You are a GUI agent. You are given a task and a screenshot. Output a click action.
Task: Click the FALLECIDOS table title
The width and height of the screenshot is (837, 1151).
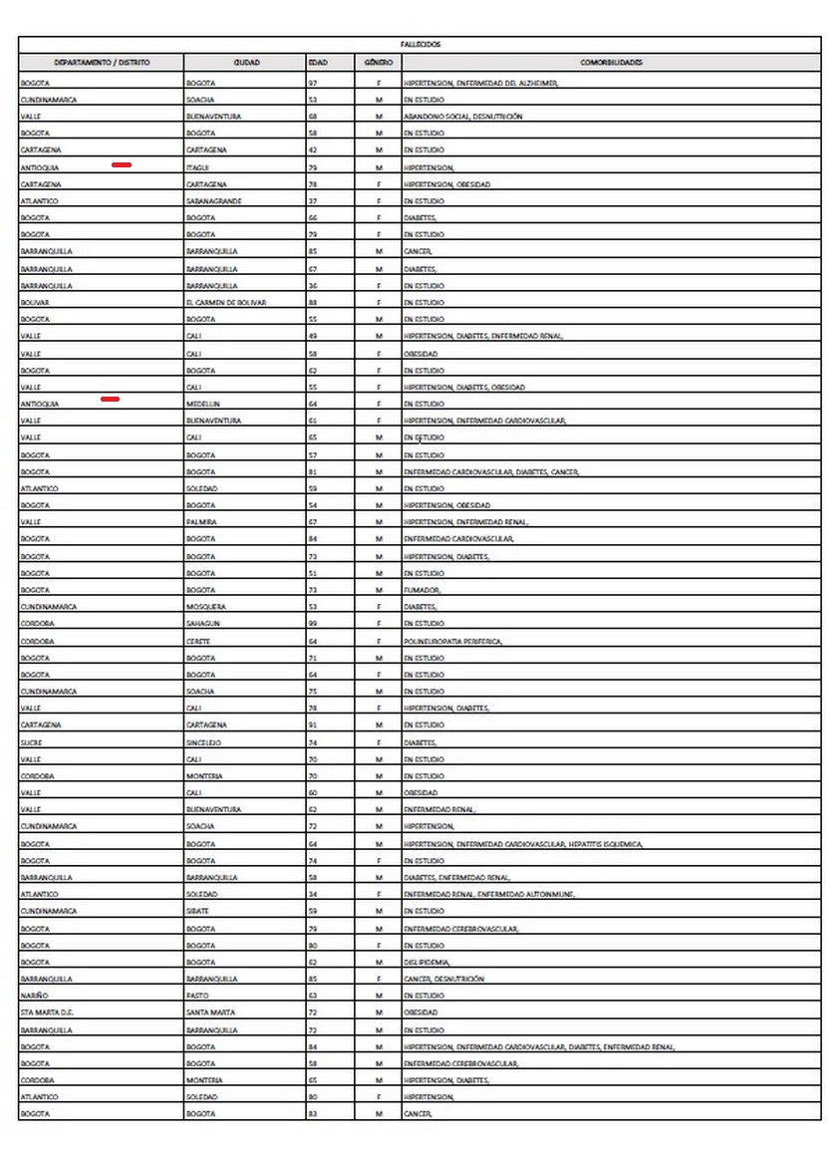[x=419, y=44]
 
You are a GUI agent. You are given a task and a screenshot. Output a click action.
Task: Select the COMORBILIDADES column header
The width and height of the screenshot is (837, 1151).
[x=611, y=62]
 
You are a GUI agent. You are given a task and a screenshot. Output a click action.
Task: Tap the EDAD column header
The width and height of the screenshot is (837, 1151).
[x=318, y=62]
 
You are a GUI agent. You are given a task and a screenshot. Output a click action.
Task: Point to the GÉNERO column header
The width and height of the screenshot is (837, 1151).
[x=378, y=62]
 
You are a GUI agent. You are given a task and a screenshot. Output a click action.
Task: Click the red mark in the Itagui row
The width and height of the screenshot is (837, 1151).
[x=122, y=164]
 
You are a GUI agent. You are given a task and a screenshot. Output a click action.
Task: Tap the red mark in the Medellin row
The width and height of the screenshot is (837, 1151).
[x=111, y=399]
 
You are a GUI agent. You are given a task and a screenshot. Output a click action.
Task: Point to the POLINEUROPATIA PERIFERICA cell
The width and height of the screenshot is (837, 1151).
[x=452, y=641]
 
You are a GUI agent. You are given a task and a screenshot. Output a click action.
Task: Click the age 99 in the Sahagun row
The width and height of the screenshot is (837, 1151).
[x=313, y=624]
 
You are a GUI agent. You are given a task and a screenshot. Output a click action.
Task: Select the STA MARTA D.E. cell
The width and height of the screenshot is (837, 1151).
[x=47, y=1012]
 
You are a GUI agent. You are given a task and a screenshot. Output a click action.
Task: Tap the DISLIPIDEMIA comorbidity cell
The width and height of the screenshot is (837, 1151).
[x=427, y=962]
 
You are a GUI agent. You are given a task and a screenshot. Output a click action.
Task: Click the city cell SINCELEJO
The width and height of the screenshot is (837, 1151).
[x=204, y=742]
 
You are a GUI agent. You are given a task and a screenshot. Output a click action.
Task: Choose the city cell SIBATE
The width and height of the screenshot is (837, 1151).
[x=198, y=911]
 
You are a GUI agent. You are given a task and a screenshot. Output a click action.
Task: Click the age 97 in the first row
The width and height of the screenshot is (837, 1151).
[x=313, y=83]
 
